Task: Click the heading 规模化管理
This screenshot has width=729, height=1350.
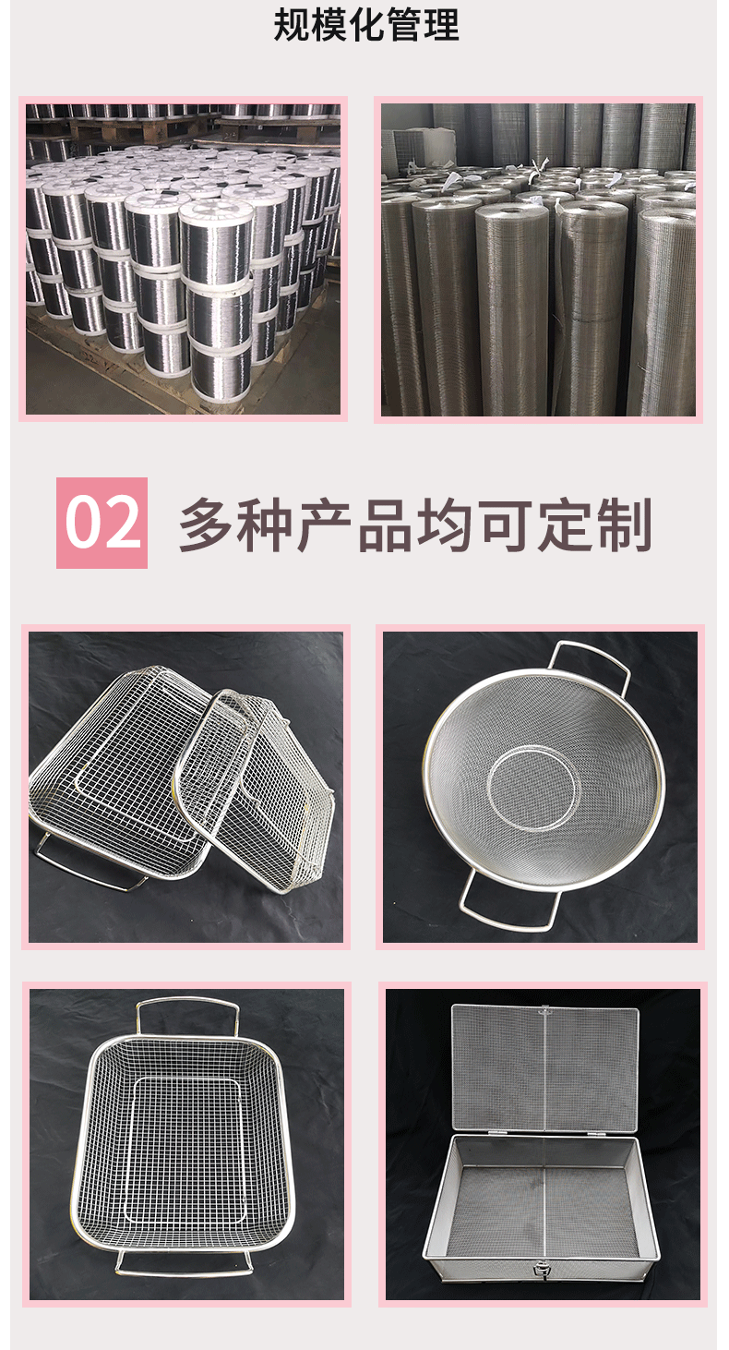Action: (x=366, y=25)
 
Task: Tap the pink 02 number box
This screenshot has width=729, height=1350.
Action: (x=102, y=523)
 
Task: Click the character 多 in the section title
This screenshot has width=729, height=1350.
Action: (x=207, y=524)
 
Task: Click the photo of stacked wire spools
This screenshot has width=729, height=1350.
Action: (x=183, y=259)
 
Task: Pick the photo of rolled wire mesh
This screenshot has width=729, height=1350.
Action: (x=538, y=259)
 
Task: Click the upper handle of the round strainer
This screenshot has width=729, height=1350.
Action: (x=591, y=660)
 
